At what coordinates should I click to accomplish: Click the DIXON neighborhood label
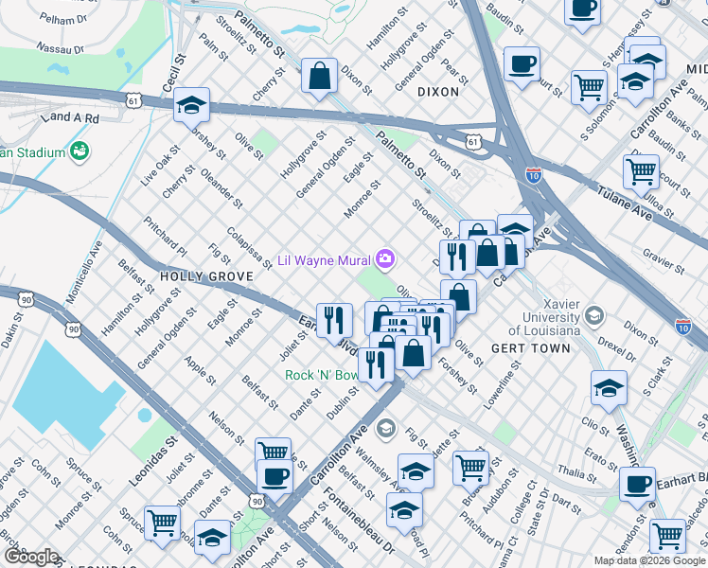tap(436, 92)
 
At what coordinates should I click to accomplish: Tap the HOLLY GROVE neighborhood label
tap(206, 276)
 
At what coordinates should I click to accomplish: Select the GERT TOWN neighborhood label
tap(531, 348)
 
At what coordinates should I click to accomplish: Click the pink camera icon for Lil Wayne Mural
tap(385, 258)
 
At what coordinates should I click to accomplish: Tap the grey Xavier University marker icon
tap(594, 314)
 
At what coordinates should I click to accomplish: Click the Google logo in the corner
tap(31, 556)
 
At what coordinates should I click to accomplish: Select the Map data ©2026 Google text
tap(649, 560)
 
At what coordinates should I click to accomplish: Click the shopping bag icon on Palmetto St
tap(320, 75)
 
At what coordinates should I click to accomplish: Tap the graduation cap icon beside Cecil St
tap(191, 105)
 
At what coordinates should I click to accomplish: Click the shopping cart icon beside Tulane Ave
tap(641, 171)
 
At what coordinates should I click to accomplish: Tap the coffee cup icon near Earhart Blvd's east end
tap(636, 484)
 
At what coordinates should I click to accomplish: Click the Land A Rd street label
tap(72, 116)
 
